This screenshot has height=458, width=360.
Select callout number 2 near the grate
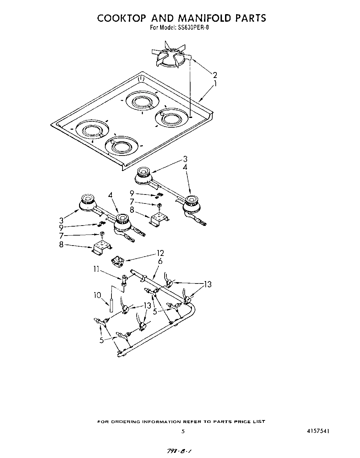[215, 75]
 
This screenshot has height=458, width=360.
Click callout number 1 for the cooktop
[215, 83]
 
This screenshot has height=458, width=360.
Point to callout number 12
[160, 253]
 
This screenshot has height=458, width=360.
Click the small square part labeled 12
[118, 262]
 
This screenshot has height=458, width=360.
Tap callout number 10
[97, 295]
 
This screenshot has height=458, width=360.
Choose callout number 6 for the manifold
[160, 261]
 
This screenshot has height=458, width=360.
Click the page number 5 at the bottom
[183, 431]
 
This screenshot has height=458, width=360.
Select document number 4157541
[319, 431]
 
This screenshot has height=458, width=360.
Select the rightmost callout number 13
[207, 284]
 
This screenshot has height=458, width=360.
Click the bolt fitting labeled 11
[124, 280]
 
